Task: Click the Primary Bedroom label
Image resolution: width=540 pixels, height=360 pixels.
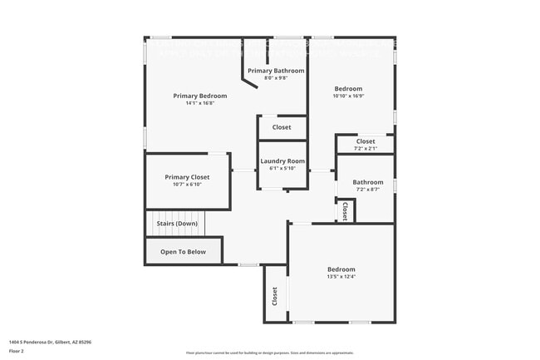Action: coord(199,96)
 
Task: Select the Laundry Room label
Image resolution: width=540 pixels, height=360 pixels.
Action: coord(282,160)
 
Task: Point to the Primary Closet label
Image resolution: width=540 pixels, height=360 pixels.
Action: coord(187,177)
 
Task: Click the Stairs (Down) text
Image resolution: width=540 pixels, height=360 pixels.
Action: coord(177,223)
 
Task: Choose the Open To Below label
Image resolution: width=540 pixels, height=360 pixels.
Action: coord(184,251)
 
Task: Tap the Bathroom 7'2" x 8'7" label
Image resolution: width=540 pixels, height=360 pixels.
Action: coord(368,182)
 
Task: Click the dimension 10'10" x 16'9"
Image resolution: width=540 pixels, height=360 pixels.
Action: coord(349,96)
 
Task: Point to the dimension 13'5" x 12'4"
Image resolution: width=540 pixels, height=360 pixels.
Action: coord(341,277)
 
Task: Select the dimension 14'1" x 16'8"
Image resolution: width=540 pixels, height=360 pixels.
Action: coord(199,103)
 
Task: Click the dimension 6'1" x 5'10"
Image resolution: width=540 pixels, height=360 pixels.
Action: coord(282,168)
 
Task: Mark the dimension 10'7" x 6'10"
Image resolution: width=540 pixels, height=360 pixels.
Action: coord(187,185)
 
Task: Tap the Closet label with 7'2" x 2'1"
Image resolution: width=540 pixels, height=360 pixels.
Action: coord(366,141)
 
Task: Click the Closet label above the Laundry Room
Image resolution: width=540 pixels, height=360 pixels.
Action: coord(282,127)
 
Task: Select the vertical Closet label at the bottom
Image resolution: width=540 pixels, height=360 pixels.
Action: coord(274,296)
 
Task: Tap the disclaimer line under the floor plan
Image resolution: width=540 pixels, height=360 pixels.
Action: coord(269,353)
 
